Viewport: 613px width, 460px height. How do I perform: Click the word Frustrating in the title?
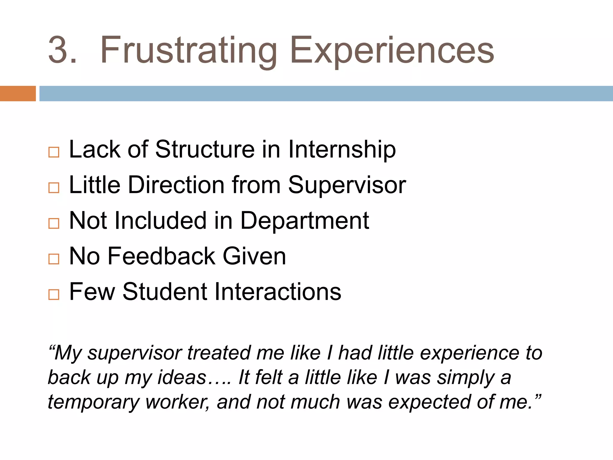[188, 50]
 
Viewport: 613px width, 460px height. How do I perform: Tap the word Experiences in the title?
[392, 50]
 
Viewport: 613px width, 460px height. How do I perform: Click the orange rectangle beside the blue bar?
[18, 93]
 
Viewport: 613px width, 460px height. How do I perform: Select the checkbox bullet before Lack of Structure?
[54, 152]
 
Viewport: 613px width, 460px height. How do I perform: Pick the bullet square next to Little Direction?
[54, 188]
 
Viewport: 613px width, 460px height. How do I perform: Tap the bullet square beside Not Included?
[54, 223]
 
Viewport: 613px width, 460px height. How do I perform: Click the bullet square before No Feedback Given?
[54, 259]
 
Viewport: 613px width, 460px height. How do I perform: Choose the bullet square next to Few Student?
[54, 294]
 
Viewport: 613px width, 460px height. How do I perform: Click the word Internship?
[342, 149]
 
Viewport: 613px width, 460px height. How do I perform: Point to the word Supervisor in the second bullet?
[347, 185]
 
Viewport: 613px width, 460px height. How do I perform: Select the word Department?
[304, 221]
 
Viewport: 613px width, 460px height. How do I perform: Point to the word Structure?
[205, 149]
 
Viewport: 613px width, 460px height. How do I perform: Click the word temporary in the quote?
[93, 402]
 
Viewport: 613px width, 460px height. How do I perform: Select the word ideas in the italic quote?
[182, 377]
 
